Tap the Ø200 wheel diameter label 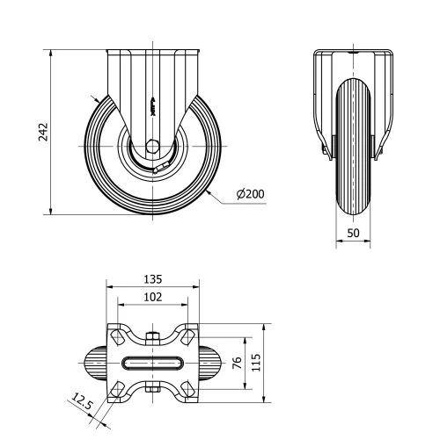[249, 193]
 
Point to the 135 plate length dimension [151, 278]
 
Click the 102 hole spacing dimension [151, 298]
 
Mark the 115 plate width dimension [256, 364]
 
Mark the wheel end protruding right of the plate [211, 364]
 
